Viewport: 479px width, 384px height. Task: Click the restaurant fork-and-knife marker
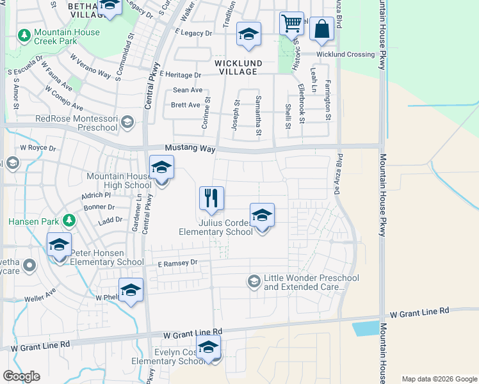point(211,198)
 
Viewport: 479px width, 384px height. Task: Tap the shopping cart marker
point(291,24)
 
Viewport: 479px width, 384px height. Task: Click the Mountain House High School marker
point(161,168)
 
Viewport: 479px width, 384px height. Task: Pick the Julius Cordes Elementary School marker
point(262,216)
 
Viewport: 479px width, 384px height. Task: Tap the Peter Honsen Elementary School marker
point(59,245)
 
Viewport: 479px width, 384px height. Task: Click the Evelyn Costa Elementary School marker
point(208,348)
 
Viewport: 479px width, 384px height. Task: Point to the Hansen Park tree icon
point(69,221)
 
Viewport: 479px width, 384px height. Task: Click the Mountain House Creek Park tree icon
point(25,35)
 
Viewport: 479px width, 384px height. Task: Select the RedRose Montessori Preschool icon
point(127,121)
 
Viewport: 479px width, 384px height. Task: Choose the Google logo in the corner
point(21,376)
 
